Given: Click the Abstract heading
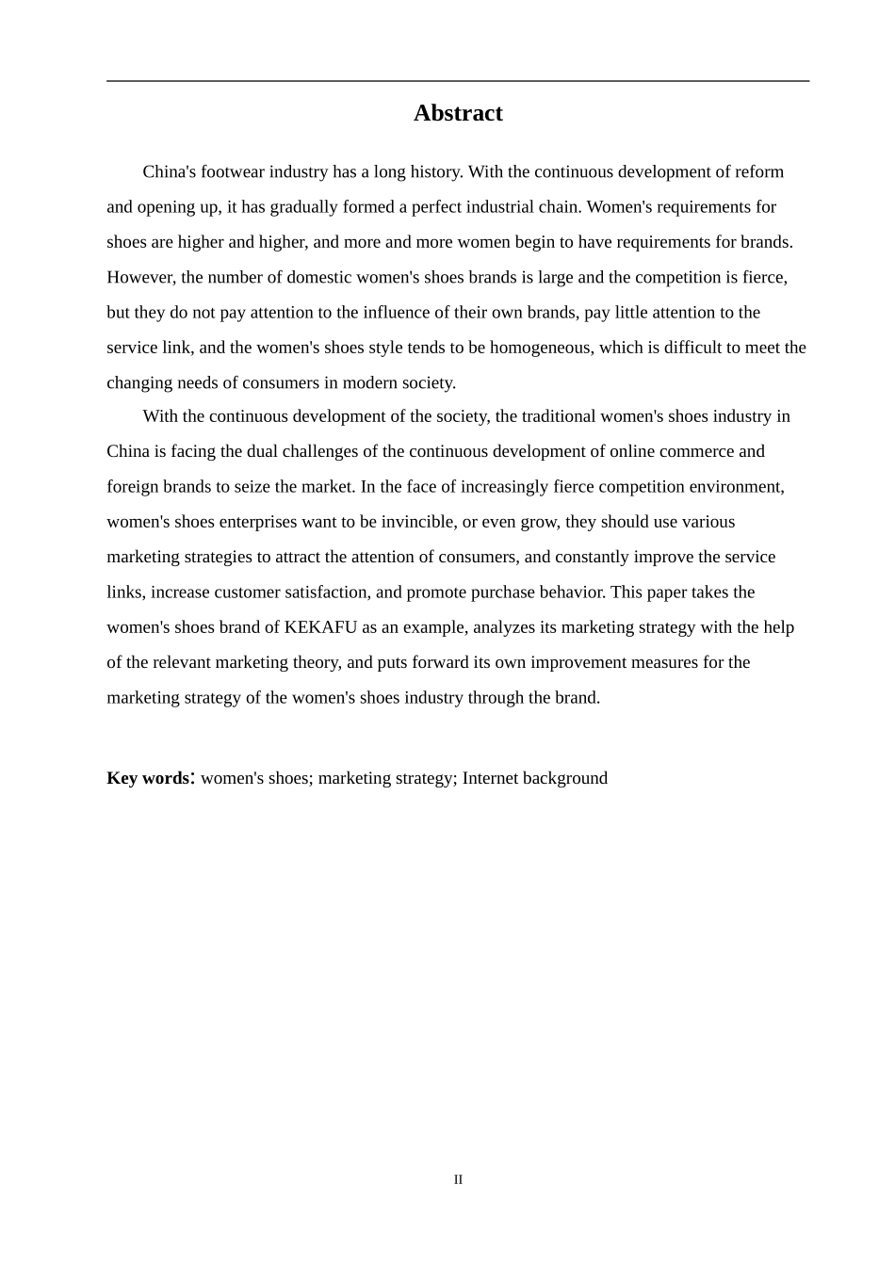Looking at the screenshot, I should point(458,113).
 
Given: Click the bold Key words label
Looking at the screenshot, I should point(148,778).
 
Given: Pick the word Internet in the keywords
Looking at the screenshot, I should point(490,778).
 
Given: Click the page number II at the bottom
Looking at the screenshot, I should point(458,1179).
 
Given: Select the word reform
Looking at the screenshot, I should point(761,171).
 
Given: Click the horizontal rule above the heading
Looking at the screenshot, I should point(458,81).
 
